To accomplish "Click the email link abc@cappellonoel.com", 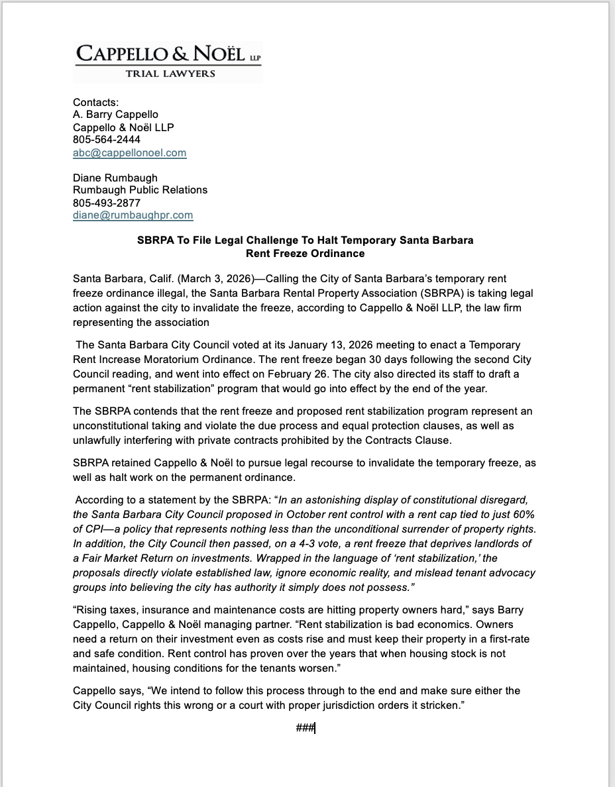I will [129, 152].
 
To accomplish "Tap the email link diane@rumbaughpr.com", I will [133, 215].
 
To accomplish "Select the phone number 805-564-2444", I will [106, 140].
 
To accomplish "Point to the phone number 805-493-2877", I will [106, 202].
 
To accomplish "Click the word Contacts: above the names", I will [95, 102].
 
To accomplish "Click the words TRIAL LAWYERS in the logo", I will [170, 74].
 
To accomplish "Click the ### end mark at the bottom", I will [306, 728].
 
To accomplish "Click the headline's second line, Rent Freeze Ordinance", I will [305, 253].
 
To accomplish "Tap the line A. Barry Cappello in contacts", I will [115, 114].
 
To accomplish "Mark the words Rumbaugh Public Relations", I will [140, 189].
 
